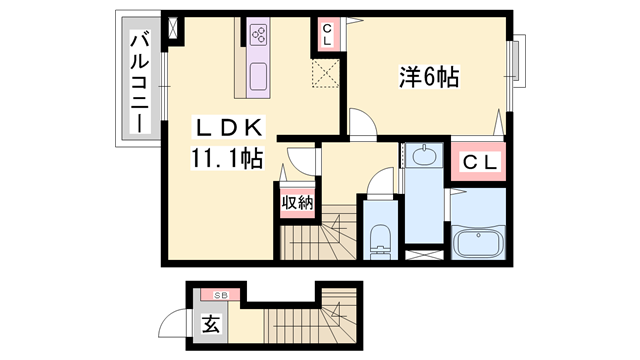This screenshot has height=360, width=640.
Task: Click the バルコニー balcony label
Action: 140,83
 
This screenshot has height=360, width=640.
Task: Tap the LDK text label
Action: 229,128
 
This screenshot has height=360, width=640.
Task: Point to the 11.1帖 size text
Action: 227,158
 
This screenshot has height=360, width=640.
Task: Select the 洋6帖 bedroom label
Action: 429,77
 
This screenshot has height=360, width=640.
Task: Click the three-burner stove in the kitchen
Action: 258,34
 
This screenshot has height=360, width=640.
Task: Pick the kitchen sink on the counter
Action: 258,76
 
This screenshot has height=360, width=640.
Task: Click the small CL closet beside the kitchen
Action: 327,34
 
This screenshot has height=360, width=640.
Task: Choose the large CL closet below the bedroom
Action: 478,162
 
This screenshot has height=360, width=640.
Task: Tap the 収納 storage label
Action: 297,202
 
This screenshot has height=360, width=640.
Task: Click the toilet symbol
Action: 380,242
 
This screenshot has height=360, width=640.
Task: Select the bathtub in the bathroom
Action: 478,243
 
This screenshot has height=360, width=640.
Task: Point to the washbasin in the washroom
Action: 423,155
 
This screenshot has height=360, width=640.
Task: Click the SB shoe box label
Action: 221,295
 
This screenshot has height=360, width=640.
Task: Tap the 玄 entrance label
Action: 211,324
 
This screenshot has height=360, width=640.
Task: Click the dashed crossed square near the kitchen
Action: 325,73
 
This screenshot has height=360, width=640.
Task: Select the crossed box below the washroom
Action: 424,255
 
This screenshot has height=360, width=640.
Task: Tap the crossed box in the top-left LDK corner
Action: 174,28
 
